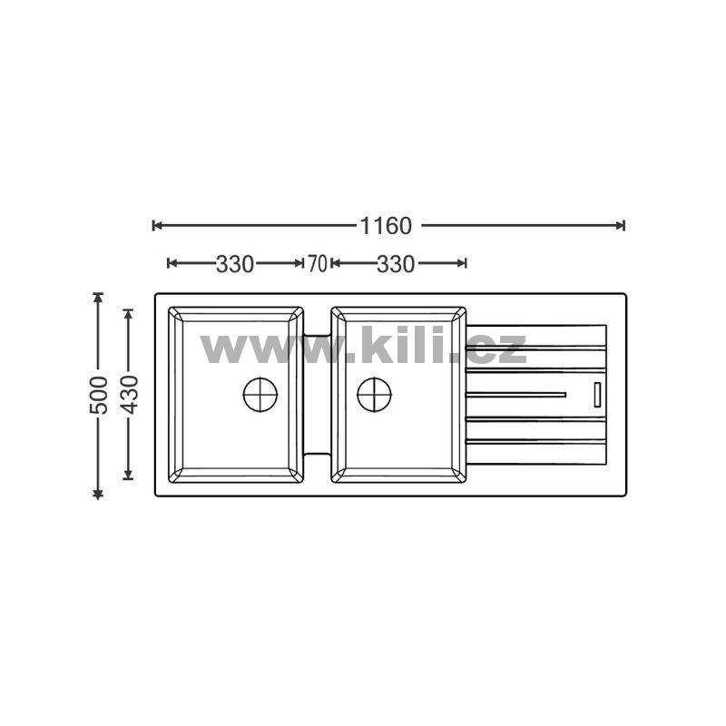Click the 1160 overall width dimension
386,226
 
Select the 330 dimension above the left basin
235,264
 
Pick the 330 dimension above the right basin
396,264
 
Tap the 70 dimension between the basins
317,264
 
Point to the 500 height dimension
99,395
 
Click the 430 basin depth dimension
129,395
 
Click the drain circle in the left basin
260,395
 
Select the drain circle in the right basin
374,395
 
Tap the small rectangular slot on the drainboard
597,395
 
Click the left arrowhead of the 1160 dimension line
157,225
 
